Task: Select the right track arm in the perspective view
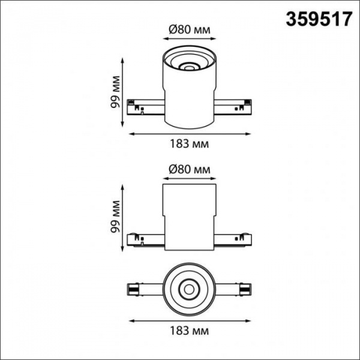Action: pyautogui.click(x=233, y=106)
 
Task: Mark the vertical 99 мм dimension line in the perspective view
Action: pyautogui.click(x=123, y=94)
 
